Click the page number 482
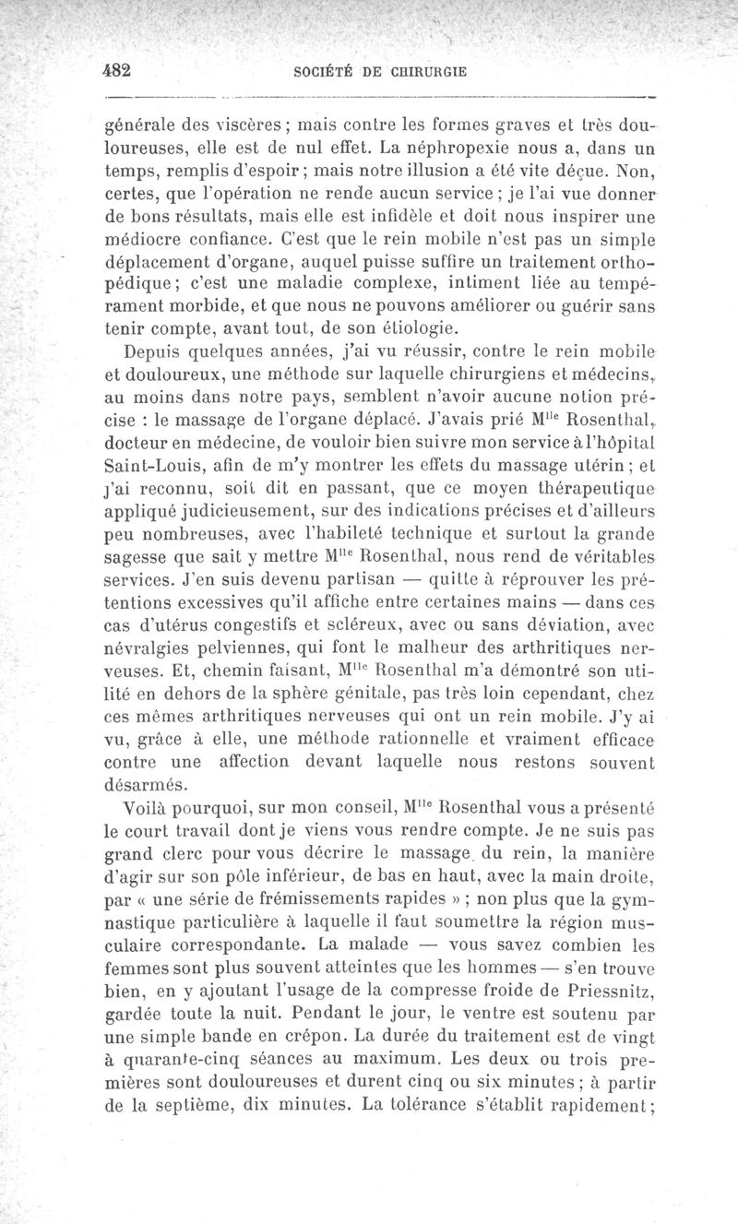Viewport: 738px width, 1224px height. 119,70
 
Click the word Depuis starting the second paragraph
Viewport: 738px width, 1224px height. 159,354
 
